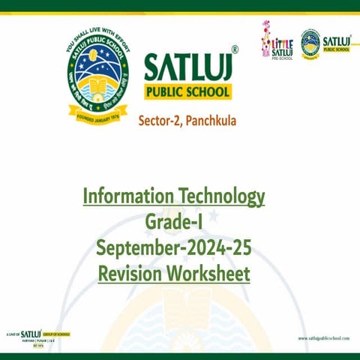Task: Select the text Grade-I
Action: pos(174,223)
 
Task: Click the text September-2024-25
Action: pos(174,247)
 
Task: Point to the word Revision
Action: pos(132,273)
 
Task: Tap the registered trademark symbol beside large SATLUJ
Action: pos(235,50)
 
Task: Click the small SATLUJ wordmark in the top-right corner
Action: pos(336,40)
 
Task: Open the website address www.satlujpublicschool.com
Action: pos(324,338)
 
